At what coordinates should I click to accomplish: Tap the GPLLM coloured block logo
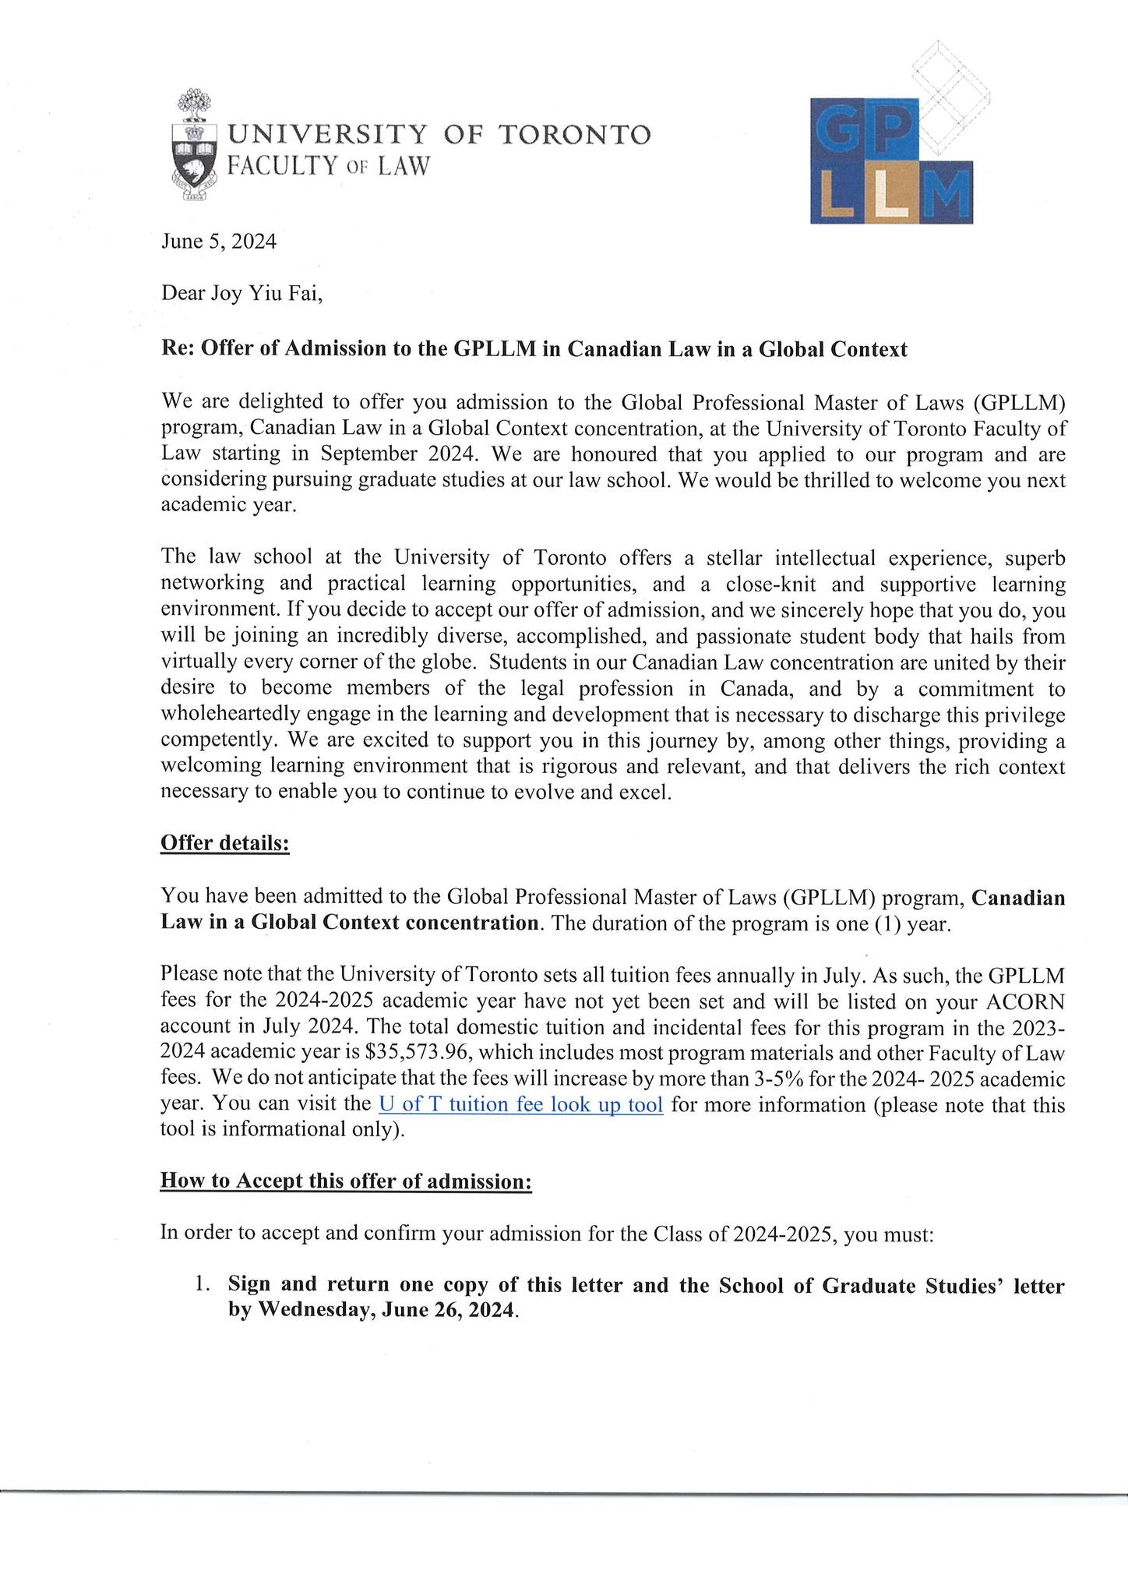pyautogui.click(x=891, y=160)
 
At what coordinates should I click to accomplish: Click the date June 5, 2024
pyautogui.click(x=218, y=242)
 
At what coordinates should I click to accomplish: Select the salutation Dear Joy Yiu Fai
pyautogui.click(x=241, y=295)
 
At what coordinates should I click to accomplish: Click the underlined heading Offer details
pyautogui.click(x=224, y=844)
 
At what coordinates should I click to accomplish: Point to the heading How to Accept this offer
pyautogui.click(x=346, y=1181)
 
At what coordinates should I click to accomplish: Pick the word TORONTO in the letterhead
pyautogui.click(x=573, y=136)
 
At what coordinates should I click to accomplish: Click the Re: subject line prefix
pyautogui.click(x=178, y=349)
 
